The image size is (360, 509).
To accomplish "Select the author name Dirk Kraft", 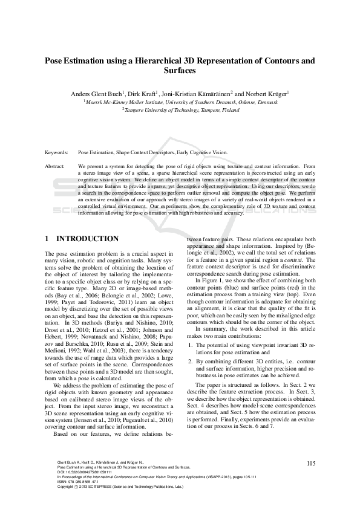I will click(x=142, y=94).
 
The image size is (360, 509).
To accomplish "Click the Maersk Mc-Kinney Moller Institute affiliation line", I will click(x=180, y=102).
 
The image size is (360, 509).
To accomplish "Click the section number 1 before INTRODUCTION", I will click(x=48, y=239).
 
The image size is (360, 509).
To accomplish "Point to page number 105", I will click(x=311, y=464).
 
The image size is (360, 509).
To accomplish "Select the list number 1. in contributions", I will click(x=189, y=345).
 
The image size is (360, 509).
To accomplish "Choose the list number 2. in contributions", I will click(x=189, y=361).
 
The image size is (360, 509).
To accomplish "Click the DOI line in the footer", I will click(x=87, y=472).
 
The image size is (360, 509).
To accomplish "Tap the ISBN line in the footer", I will click(x=79, y=481).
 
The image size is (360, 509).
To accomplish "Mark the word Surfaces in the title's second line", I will click(x=180, y=71).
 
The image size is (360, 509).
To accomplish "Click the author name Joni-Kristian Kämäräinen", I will click(x=196, y=94).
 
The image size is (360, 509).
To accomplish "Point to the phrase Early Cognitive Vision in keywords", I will click(x=203, y=153).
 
